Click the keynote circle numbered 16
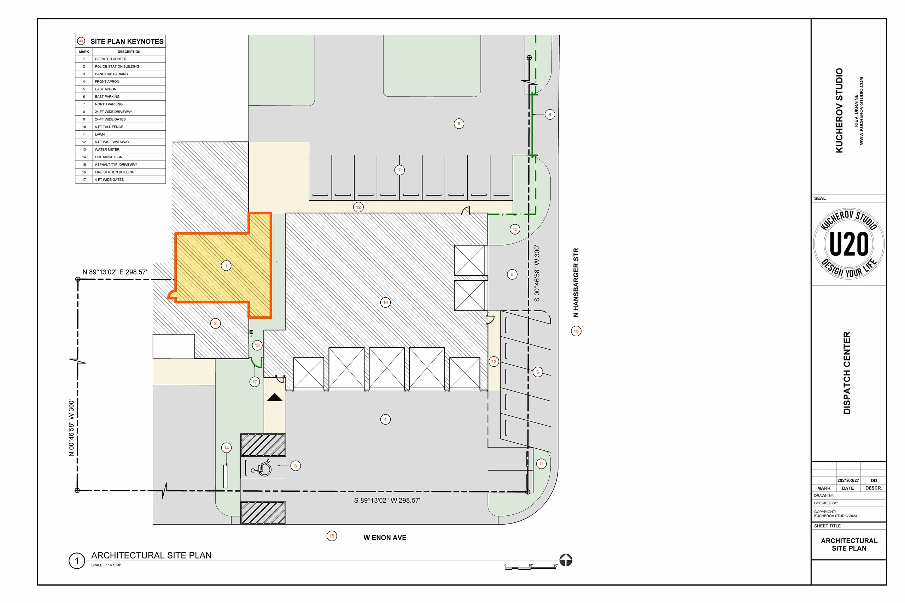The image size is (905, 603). (x=385, y=302)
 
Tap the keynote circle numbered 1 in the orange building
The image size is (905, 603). (x=226, y=265)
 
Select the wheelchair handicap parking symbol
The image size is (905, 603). (x=262, y=468)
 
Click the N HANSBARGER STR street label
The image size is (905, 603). (x=576, y=282)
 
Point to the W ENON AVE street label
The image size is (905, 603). (x=385, y=538)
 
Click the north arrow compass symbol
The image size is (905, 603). (x=566, y=560)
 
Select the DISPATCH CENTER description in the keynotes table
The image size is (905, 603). (x=110, y=59)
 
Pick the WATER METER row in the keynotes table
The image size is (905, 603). (x=107, y=149)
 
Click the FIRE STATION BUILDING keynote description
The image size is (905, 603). (x=114, y=172)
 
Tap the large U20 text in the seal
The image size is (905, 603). (x=849, y=244)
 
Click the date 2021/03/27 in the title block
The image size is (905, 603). (x=848, y=480)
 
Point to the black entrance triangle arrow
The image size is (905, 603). (x=275, y=397)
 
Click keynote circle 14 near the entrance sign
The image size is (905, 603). (x=226, y=448)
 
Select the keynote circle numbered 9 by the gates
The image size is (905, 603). (x=549, y=114)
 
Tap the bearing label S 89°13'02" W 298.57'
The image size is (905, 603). (x=387, y=500)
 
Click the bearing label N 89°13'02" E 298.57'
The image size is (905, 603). (x=115, y=272)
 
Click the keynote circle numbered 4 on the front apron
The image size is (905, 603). (x=385, y=419)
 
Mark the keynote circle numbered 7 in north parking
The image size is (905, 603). (x=399, y=170)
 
